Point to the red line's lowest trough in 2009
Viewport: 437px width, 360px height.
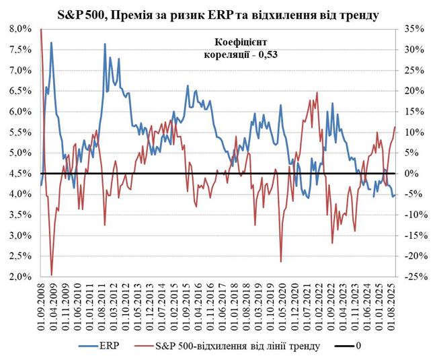tap(52, 275)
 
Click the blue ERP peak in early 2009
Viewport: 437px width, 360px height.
tap(51, 43)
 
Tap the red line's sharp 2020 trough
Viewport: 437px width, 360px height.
tap(280, 261)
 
